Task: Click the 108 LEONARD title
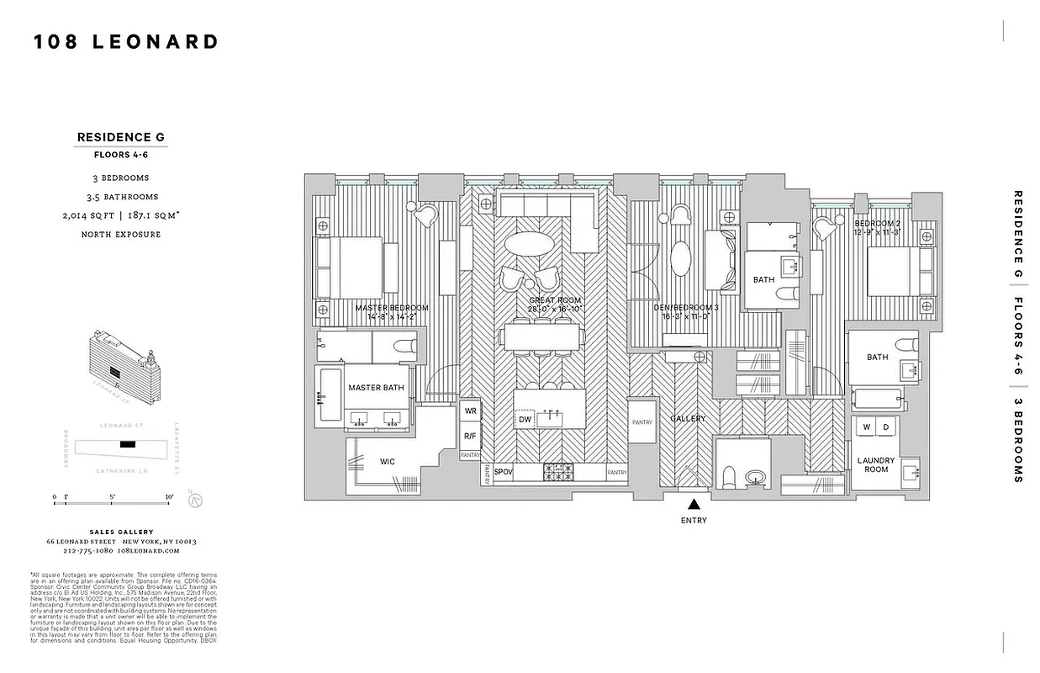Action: tap(126, 42)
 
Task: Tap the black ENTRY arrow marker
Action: tap(694, 505)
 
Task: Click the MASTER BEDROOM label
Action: tap(392, 308)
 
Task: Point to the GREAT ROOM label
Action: tap(555, 300)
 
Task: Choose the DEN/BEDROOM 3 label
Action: tap(686, 308)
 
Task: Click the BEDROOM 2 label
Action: tap(877, 223)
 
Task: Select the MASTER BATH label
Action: tap(376, 388)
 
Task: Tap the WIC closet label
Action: tap(388, 461)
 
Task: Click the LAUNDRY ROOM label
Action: tap(875, 464)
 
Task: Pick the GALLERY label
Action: tap(688, 419)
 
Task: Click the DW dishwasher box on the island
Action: tap(525, 419)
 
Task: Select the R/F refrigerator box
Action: tap(470, 436)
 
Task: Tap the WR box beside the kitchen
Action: tap(470, 411)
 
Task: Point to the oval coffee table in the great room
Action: tap(529, 243)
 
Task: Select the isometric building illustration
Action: tap(122, 360)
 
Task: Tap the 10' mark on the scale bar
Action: tap(170, 497)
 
